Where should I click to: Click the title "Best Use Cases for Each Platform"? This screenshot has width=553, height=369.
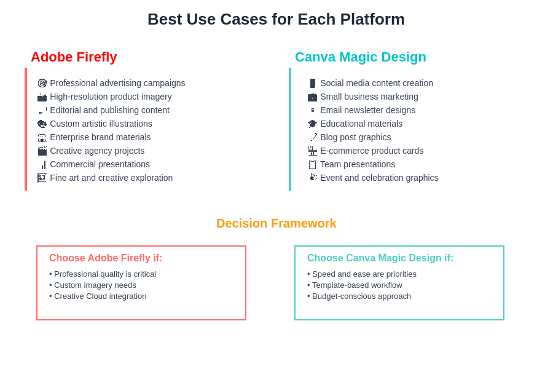[276, 20]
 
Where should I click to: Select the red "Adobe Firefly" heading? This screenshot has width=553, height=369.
[74, 57]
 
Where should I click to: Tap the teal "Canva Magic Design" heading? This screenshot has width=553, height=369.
[361, 57]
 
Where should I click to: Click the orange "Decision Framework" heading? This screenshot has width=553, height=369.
[276, 223]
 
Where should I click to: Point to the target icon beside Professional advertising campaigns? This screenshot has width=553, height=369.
[42, 83]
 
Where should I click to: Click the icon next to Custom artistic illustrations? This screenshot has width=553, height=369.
[42, 124]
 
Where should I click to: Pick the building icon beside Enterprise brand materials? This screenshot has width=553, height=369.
[42, 137]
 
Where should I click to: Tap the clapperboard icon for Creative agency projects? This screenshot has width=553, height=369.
[42, 151]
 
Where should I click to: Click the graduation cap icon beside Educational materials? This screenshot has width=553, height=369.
[312, 124]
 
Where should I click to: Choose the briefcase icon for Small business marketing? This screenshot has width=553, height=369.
[312, 97]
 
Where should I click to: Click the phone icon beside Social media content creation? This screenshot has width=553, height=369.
[313, 83]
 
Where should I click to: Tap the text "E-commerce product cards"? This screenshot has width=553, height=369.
[372, 151]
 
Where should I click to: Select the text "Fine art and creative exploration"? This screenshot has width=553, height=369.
[111, 178]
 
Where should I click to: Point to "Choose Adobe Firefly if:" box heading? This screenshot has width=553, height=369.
[106, 258]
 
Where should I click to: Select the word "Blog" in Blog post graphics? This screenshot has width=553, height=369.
[329, 137]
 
